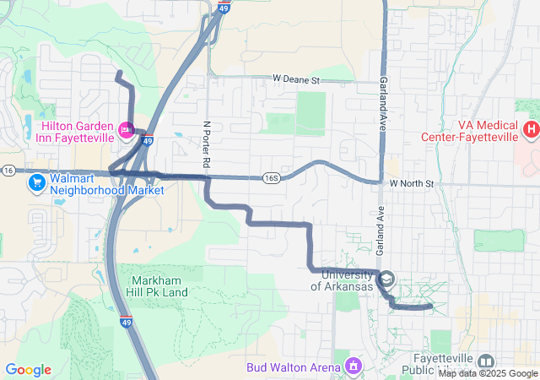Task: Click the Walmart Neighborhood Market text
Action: [94, 184]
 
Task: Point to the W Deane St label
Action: [296, 80]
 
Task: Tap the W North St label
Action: [411, 183]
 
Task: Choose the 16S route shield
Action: [271, 178]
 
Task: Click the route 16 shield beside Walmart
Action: [8, 170]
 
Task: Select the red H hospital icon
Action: [531, 130]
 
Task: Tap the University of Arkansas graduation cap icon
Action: [386, 279]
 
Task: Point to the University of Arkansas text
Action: [342, 280]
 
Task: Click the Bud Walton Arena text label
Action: [294, 367]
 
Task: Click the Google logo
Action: [28, 370]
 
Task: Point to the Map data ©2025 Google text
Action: [487, 373]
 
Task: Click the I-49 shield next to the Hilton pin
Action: [147, 141]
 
